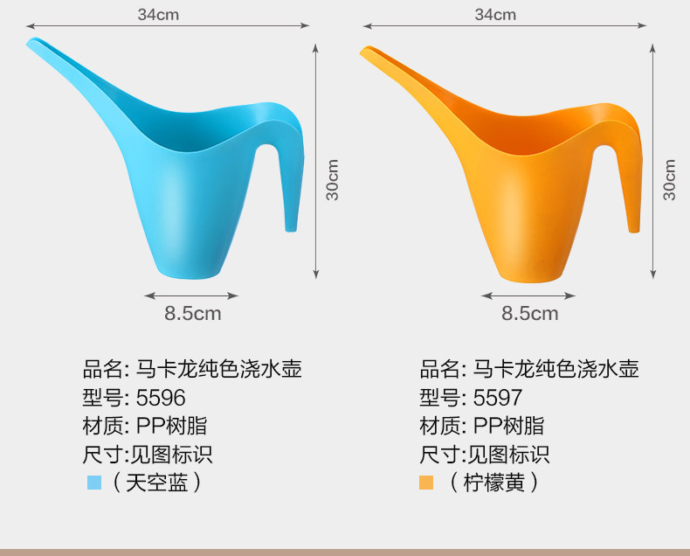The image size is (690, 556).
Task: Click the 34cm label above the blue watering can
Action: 158,15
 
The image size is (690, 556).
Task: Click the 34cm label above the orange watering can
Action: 495,15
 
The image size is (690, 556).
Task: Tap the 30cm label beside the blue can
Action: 333,180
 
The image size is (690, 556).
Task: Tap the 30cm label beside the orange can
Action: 669,180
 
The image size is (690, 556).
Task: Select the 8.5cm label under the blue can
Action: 193,314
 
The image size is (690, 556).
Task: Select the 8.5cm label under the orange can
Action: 530,314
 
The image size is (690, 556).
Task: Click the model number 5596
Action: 161,398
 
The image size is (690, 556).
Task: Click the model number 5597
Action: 498,398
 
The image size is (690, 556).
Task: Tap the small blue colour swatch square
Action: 94,483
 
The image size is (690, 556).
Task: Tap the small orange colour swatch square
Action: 426,483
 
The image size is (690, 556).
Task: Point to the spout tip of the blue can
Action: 29,42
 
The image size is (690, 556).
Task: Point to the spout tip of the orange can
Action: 363,52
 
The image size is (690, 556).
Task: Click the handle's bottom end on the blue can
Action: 291,229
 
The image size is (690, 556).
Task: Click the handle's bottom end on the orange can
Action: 634,230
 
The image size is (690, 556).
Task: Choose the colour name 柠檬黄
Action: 494,483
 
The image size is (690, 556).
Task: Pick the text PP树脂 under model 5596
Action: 171,426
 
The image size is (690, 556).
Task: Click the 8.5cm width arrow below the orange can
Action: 528,295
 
